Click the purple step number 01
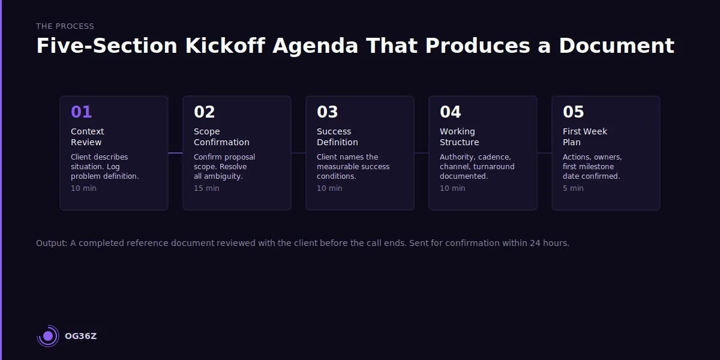(x=82, y=112)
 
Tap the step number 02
(x=205, y=112)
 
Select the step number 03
(x=328, y=112)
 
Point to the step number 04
(x=451, y=112)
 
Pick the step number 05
(x=574, y=112)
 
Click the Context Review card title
(x=88, y=137)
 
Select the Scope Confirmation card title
(x=221, y=137)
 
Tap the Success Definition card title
(x=337, y=137)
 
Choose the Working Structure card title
(x=460, y=137)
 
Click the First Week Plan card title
(x=585, y=137)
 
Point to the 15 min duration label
(x=206, y=188)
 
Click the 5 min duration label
(x=573, y=188)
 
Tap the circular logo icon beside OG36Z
(x=48, y=336)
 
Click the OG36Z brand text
(x=80, y=336)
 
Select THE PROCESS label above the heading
(x=65, y=26)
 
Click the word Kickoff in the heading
(x=225, y=46)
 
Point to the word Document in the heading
(x=617, y=46)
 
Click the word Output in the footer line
(x=50, y=243)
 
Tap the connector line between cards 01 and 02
(x=175, y=153)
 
